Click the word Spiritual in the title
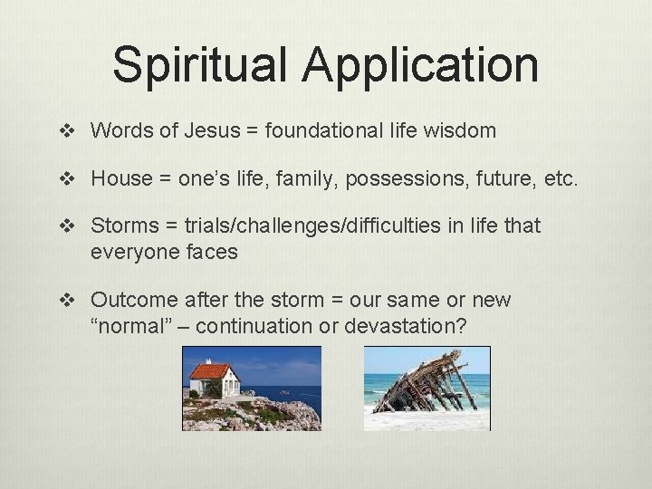[x=205, y=65]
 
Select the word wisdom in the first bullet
[x=458, y=130]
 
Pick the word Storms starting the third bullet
[x=123, y=225]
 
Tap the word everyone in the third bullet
[x=129, y=252]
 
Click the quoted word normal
[x=133, y=326]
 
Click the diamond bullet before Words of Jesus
[x=74, y=131]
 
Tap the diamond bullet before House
[x=74, y=178]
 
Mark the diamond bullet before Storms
[x=74, y=225]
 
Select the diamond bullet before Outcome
[x=74, y=300]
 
